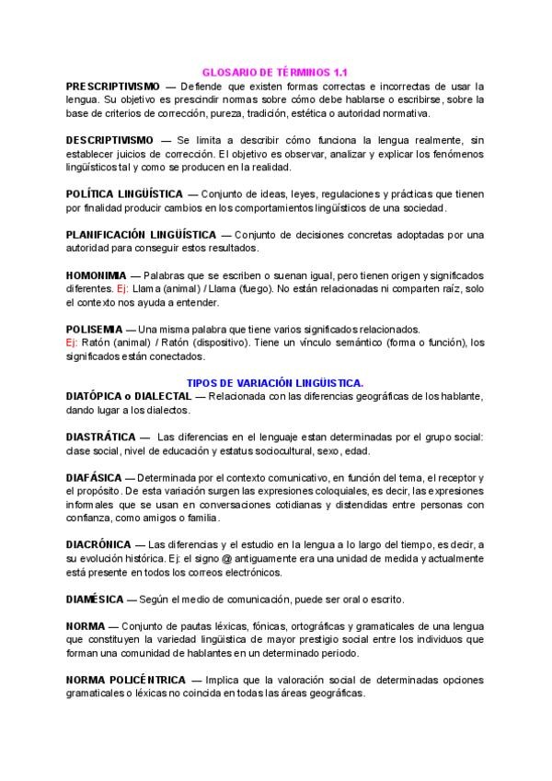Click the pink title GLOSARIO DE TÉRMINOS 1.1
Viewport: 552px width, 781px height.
click(275, 71)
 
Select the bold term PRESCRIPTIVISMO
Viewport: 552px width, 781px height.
click(112, 85)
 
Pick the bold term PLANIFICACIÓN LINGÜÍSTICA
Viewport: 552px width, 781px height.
click(141, 235)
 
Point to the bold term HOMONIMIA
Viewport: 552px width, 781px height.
click(96, 275)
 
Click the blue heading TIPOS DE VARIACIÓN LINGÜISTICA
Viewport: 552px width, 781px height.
click(275, 382)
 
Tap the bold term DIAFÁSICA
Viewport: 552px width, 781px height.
click(95, 478)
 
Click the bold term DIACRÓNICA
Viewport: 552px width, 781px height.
click(100, 545)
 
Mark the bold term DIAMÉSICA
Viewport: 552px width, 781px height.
click(96, 599)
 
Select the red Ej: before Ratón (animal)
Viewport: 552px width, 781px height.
click(73, 343)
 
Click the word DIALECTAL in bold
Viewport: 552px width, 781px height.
click(163, 396)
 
